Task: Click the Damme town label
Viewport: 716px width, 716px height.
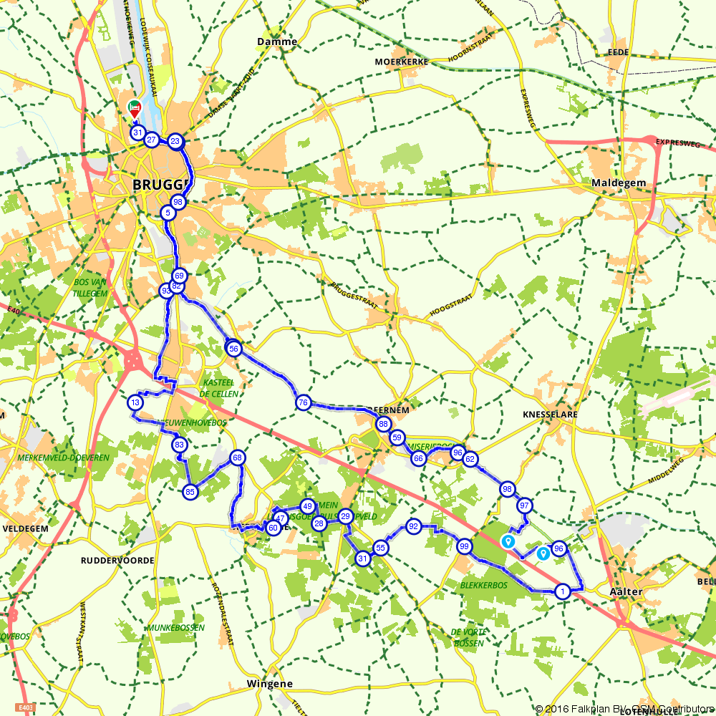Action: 276,42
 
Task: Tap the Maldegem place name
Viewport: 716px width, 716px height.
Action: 619,183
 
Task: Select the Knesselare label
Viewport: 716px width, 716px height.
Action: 550,415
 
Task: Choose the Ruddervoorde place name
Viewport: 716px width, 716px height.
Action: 117,561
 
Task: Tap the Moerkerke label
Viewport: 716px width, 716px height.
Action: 401,62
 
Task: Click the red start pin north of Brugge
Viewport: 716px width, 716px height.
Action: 134,108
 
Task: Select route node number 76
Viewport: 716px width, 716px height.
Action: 304,403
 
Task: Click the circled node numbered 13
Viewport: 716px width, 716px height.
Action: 135,403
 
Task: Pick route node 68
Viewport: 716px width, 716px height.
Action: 238,458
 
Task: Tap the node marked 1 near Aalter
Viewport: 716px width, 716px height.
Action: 563,591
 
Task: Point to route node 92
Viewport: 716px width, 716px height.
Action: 413,527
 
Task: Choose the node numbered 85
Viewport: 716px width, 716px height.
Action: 190,492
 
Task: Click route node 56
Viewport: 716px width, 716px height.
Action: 233,349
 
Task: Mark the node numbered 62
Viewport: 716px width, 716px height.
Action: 470,460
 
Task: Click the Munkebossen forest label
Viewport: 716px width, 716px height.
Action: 176,628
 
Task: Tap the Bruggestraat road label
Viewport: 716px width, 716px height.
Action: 354,294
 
